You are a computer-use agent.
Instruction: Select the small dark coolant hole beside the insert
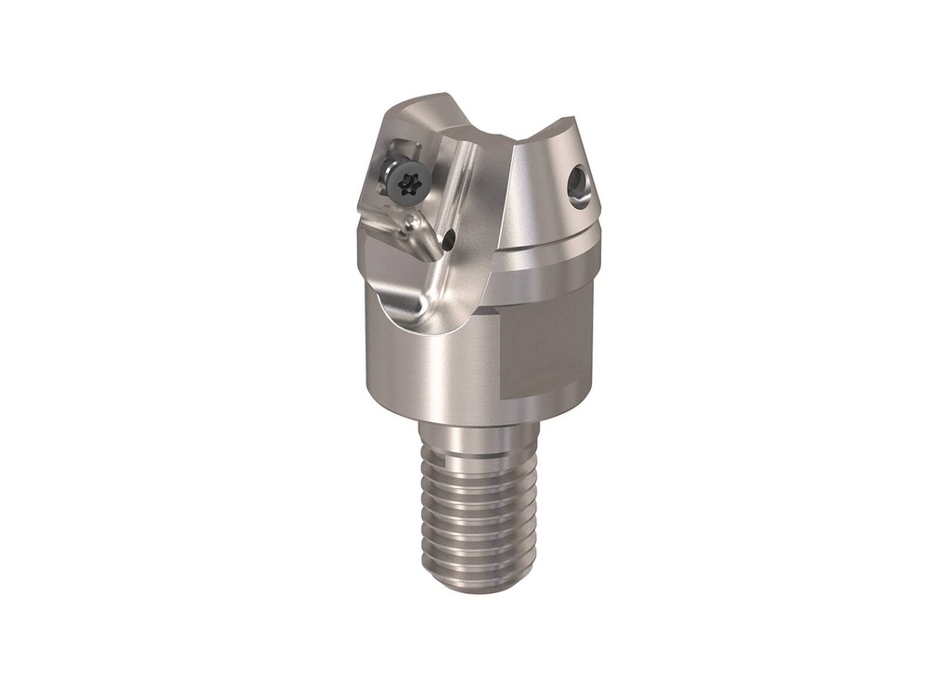[449, 241]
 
